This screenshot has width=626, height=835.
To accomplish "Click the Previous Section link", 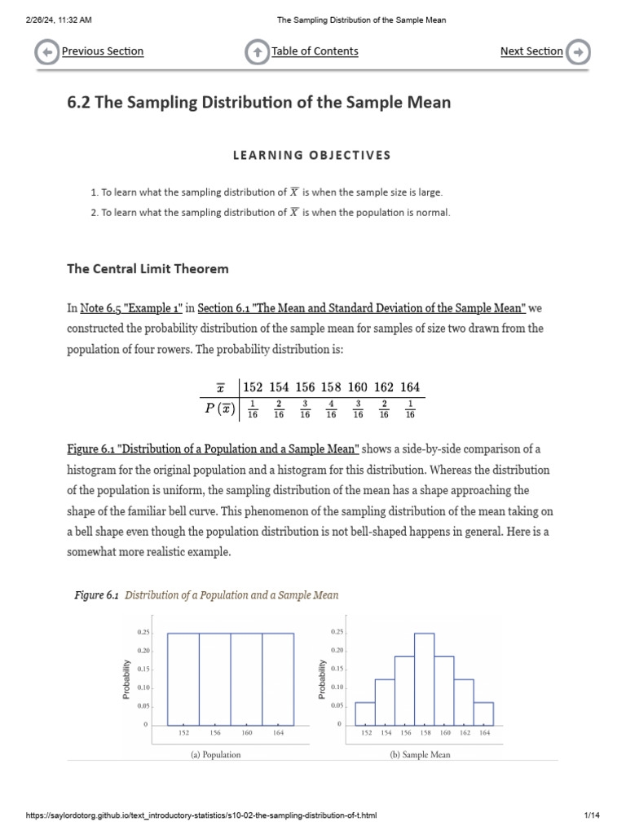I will click(103, 51).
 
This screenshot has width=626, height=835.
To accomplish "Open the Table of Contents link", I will click(315, 51).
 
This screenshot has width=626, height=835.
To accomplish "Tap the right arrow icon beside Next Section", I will click(578, 52).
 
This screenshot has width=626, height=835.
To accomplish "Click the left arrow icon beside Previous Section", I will click(47, 52).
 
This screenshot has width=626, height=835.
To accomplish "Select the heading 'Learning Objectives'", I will click(313, 155).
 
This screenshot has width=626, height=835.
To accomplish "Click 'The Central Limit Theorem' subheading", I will click(148, 268).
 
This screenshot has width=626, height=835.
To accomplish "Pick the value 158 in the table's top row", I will click(331, 387).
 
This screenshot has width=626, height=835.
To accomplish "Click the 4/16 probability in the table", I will click(331, 409).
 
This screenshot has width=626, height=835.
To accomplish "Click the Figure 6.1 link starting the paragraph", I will click(212, 449).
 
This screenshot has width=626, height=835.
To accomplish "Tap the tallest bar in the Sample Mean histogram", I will click(424, 678).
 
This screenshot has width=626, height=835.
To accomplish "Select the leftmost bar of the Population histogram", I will click(183, 678).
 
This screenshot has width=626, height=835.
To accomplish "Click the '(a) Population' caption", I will click(215, 754).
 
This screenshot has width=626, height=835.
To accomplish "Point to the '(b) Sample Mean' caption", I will click(420, 754).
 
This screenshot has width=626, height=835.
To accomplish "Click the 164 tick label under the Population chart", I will click(278, 733).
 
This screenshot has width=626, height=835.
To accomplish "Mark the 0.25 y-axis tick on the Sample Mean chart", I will click(337, 632).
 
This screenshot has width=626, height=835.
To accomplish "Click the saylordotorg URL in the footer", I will click(201, 815).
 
